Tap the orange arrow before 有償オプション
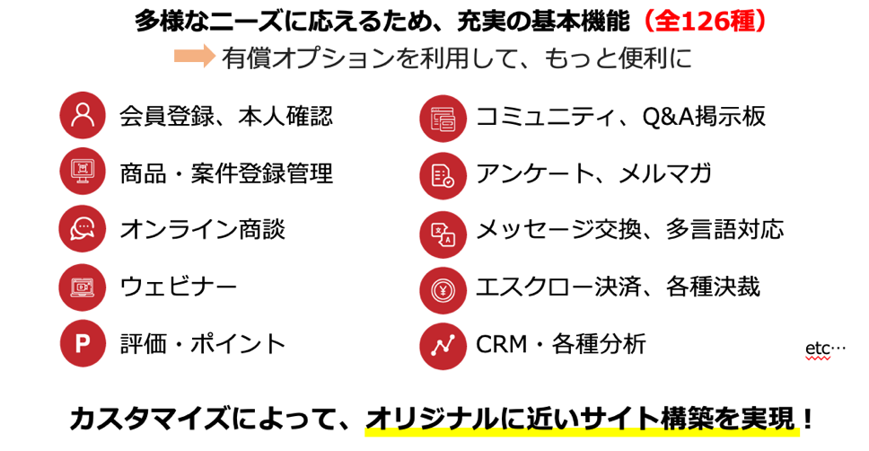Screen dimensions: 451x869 pyautogui.click(x=194, y=57)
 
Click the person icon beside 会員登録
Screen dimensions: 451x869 pyautogui.click(x=83, y=116)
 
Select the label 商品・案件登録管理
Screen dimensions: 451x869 pyautogui.click(x=226, y=172)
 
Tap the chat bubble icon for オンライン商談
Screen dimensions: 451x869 pyautogui.click(x=83, y=228)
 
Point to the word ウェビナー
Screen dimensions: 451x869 pyautogui.click(x=179, y=287)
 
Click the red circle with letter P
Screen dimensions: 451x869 pyautogui.click(x=83, y=343)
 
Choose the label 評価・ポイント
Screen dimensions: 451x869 pyautogui.click(x=203, y=343)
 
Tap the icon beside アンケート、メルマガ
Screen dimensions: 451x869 pyautogui.click(x=443, y=175)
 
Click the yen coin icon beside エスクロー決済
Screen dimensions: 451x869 pyautogui.click(x=443, y=289)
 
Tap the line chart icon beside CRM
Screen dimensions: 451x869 pyautogui.click(x=443, y=346)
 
